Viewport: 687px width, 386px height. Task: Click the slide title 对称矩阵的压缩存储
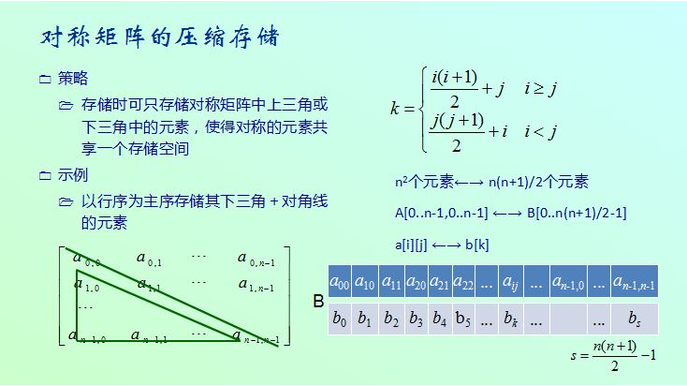point(160,37)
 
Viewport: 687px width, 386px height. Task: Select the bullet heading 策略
point(73,78)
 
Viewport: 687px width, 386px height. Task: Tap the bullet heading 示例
point(73,174)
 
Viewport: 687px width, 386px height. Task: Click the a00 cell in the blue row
point(340,282)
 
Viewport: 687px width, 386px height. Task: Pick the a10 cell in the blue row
point(365,282)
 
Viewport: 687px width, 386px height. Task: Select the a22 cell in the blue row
point(463,282)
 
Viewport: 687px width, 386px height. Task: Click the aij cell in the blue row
point(510,282)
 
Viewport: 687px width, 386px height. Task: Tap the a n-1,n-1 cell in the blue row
point(634,282)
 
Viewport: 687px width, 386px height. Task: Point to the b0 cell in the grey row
point(340,319)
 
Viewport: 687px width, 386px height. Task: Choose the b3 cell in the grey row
point(417,319)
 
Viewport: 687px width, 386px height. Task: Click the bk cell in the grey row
point(510,319)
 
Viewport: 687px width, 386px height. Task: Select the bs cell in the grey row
point(634,319)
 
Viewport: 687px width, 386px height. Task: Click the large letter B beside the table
point(318,302)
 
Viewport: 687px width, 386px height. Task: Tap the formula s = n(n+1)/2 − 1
point(613,355)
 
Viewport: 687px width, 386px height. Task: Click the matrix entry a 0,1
point(149,259)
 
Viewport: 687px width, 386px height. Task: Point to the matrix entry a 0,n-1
point(256,259)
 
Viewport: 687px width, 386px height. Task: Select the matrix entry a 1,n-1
point(256,285)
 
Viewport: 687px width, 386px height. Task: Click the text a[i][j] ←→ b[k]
point(442,245)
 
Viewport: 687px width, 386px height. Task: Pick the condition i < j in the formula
point(541,131)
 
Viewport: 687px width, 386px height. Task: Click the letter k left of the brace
point(394,108)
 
